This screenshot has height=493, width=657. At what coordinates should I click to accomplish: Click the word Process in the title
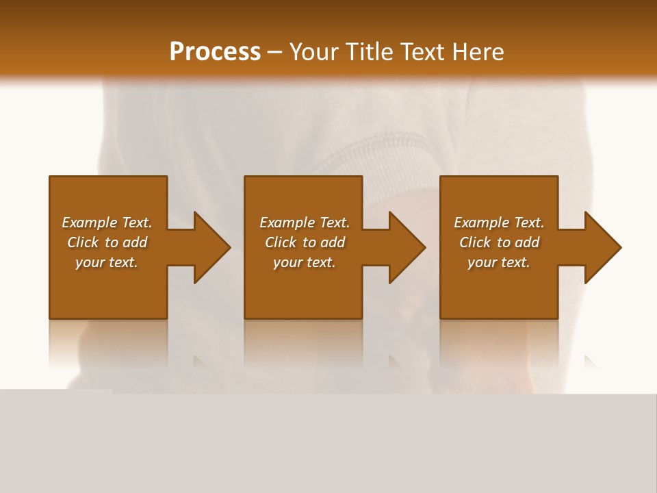point(215,52)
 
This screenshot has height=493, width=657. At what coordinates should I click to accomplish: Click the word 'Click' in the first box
point(83,242)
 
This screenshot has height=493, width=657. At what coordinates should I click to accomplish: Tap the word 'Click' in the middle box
point(281,242)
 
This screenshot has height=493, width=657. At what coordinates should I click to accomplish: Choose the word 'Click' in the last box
point(475,242)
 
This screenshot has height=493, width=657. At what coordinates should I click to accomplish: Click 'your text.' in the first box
point(107,262)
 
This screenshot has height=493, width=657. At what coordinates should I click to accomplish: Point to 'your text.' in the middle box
point(304,262)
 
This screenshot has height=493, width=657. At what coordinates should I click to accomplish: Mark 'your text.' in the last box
point(498,262)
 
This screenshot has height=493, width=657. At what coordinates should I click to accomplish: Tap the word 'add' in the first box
point(135,242)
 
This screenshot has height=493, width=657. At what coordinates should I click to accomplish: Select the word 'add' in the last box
point(527,242)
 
